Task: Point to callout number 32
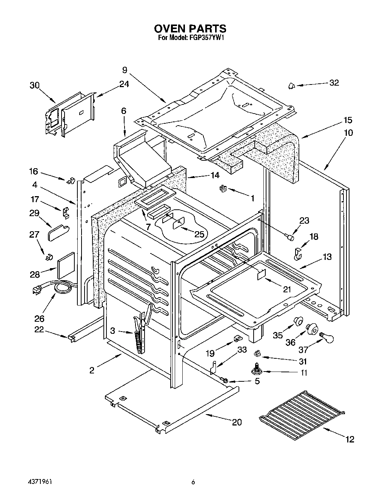point(334,83)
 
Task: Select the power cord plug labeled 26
point(37,290)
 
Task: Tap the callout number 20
point(237,422)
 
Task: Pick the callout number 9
point(125,70)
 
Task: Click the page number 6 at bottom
point(193,482)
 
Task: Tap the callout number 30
point(34,86)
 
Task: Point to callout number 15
point(348,120)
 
